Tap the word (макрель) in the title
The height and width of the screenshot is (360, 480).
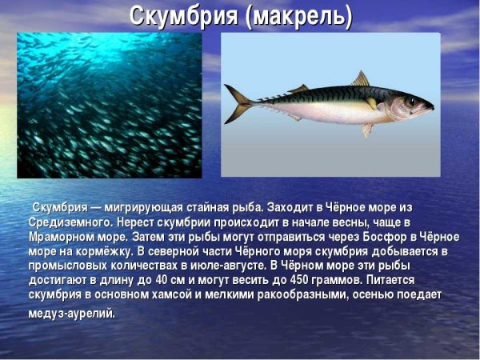301,15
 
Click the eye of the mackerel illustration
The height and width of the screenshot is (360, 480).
410,102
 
